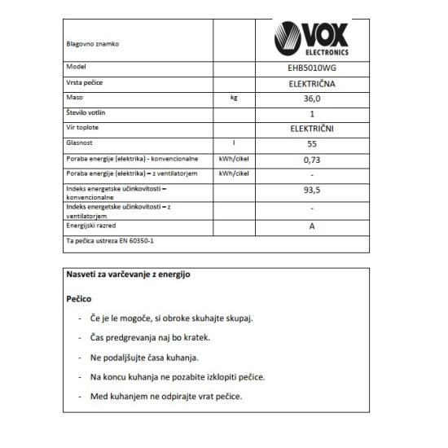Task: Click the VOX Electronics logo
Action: (x=312, y=40)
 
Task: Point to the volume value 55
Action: (x=312, y=143)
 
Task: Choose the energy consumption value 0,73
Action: (x=312, y=159)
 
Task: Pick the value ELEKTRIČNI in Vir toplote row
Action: (x=312, y=129)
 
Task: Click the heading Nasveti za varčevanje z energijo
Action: (x=128, y=275)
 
